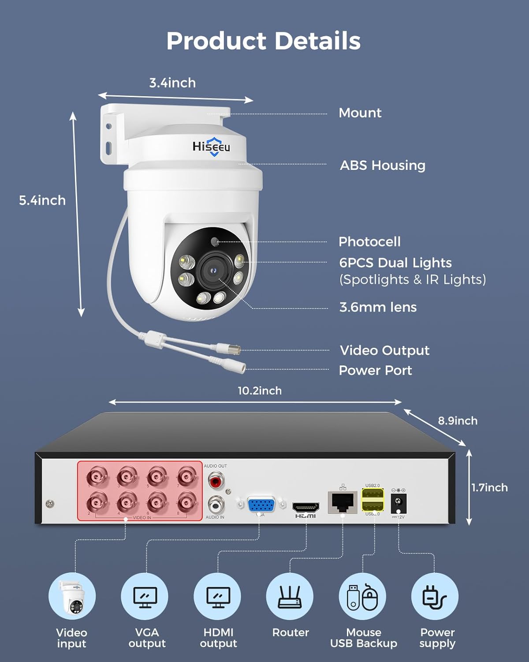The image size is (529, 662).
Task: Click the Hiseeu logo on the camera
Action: point(211,147)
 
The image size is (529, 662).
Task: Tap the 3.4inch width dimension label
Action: point(172,83)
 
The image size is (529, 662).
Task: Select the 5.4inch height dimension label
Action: point(42,200)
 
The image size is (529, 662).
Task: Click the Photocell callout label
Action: point(369,242)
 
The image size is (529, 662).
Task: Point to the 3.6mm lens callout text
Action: point(378,307)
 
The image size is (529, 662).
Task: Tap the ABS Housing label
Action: point(382,165)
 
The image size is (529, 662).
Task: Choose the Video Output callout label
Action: point(384,350)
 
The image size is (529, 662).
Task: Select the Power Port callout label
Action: point(375,370)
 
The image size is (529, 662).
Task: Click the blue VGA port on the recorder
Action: point(261,504)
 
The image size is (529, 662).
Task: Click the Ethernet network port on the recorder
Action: point(343,501)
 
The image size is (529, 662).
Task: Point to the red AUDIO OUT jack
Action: point(215,480)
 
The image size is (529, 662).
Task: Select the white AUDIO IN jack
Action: point(215,503)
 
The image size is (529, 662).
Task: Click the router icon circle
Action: point(290,596)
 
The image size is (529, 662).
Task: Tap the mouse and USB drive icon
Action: point(363,596)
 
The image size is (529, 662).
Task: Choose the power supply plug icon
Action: point(435,596)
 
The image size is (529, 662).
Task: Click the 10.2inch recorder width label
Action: point(260,391)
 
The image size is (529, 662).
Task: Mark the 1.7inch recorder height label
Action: point(489,488)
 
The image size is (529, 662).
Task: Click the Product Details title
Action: point(264,41)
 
